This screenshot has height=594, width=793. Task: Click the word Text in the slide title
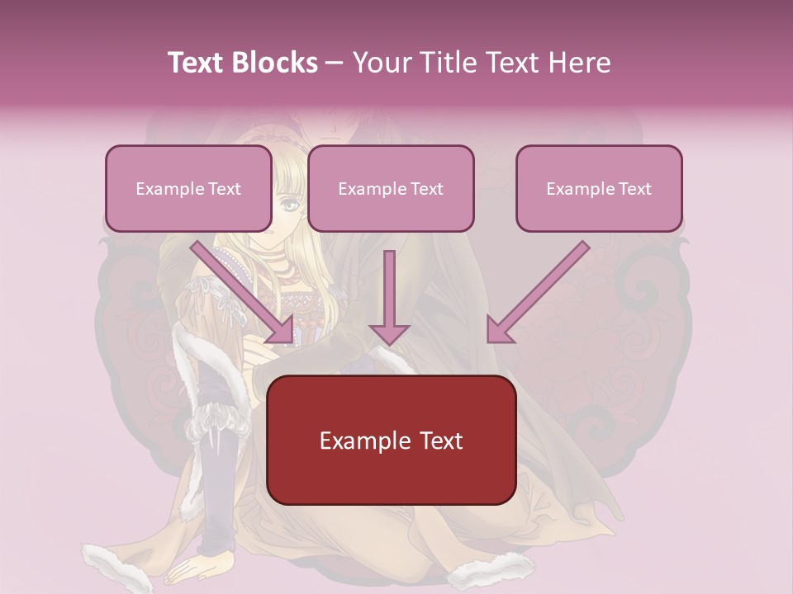click(197, 63)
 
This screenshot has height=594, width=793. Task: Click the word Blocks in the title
click(275, 63)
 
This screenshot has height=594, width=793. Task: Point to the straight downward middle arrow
click(389, 297)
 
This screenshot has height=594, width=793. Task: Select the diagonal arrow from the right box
click(537, 293)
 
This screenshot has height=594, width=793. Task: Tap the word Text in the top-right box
click(634, 189)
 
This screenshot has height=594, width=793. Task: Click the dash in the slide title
click(335, 63)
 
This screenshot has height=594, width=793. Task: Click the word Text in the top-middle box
click(426, 189)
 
